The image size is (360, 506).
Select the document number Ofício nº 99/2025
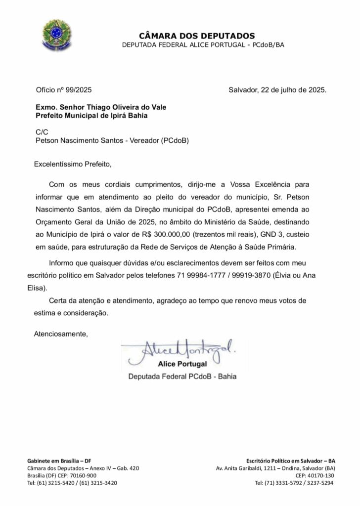pos(64,90)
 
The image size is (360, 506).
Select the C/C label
pos(42,132)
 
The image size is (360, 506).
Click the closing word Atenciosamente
pos(60,334)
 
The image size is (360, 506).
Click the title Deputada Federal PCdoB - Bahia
pos(182,376)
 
